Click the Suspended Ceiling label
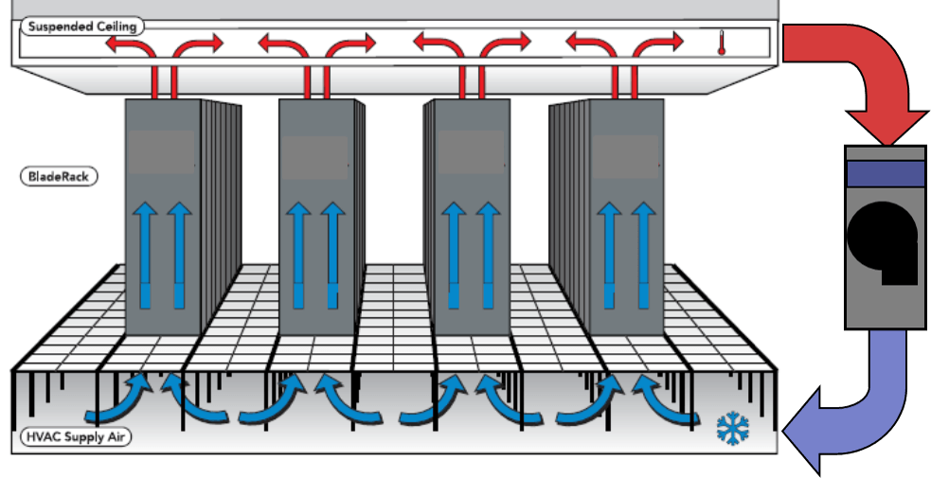[81, 27]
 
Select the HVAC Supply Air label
[76, 437]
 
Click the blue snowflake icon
[732, 428]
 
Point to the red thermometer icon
[722, 44]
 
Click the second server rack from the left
[317, 218]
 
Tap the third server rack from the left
[469, 218]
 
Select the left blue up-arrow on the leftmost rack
[145, 252]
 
